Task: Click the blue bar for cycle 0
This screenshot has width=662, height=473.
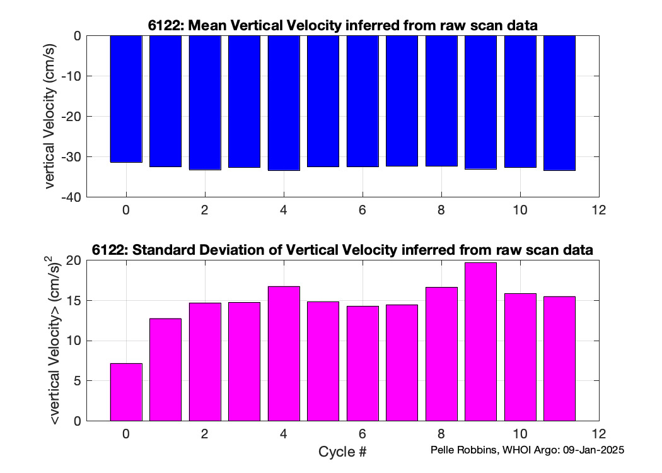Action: (126, 99)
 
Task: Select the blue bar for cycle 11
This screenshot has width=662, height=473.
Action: (559, 103)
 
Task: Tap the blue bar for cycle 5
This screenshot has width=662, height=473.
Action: (323, 102)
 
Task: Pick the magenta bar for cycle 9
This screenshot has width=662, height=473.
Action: (480, 342)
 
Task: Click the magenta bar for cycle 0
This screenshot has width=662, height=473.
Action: (126, 392)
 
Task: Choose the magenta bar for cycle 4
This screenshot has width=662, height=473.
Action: (284, 354)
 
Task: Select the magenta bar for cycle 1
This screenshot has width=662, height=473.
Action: (165, 370)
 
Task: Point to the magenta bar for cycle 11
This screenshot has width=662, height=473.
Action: (559, 359)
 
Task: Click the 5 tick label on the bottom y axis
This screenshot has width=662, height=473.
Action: (78, 381)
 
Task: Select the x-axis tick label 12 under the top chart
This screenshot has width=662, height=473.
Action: (599, 210)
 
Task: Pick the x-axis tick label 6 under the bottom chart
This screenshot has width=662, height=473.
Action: (363, 434)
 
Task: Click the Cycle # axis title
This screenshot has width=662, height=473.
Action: (342, 452)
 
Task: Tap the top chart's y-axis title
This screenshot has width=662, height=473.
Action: (50, 116)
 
